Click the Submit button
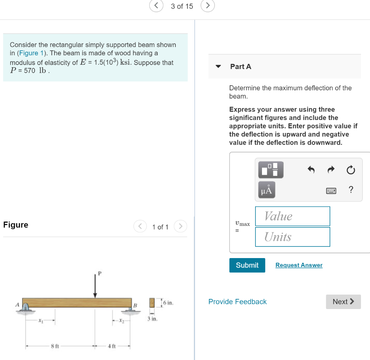click(247, 265)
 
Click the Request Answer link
click(299, 265)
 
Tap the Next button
click(343, 302)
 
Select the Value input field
click(292, 216)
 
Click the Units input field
click(292, 237)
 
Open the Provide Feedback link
click(237, 302)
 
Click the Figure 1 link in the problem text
click(29, 53)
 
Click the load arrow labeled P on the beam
click(95, 286)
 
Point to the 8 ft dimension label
click(55, 346)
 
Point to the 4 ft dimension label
click(111, 346)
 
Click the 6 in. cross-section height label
click(168, 302)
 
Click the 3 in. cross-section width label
click(152, 319)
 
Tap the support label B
click(136, 306)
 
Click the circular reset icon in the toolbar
click(350, 170)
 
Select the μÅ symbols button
click(266, 190)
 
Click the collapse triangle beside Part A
click(218, 67)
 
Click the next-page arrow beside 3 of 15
click(208, 6)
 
